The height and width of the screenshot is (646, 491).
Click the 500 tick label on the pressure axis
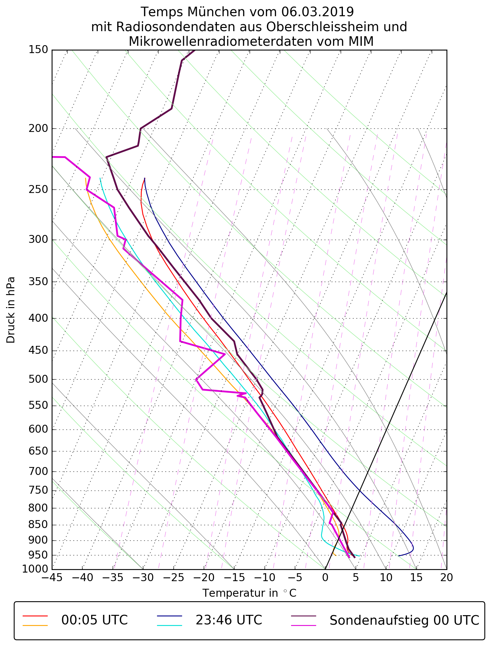38,380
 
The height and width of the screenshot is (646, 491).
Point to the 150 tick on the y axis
38,50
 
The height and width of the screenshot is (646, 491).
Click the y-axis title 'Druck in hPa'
11,310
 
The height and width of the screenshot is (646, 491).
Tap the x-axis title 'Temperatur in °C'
249,593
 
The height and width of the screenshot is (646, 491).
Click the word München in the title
217,12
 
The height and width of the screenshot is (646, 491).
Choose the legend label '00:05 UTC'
95,620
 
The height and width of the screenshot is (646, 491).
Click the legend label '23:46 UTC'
229,620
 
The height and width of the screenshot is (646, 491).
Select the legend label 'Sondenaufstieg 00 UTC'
404,620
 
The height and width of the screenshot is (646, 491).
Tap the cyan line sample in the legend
169,625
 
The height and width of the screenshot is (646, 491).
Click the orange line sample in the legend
35,625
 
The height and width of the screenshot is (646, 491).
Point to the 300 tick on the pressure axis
38,240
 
